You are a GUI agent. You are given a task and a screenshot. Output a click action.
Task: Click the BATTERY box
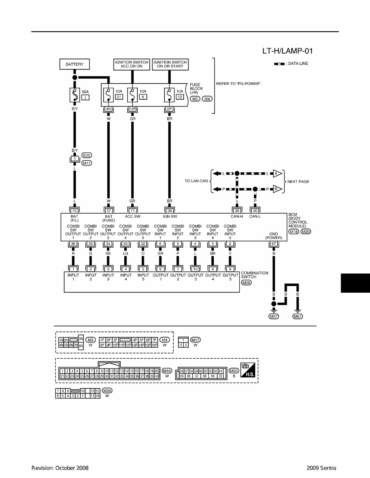point(74,64)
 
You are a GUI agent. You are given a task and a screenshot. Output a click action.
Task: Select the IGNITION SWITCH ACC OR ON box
point(131,64)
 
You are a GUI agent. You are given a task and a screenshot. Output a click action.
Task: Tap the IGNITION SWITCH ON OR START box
point(170,64)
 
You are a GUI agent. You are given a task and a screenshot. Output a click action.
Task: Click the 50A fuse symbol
point(74,95)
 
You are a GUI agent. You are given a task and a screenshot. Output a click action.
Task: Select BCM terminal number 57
point(108,211)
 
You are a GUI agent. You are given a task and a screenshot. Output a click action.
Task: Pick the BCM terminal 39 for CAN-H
point(237,211)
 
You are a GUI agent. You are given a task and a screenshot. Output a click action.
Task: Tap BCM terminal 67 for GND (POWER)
point(273,244)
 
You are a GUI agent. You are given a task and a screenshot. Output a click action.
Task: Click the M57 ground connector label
point(273,316)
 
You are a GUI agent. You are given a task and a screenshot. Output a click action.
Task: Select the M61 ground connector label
point(298,316)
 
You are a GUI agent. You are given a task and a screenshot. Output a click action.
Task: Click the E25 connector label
point(87,155)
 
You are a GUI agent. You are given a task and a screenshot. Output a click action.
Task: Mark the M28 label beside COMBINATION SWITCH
point(247,283)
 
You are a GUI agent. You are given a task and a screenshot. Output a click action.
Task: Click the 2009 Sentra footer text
point(321,468)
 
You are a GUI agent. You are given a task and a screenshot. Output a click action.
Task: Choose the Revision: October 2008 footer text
point(60,468)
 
